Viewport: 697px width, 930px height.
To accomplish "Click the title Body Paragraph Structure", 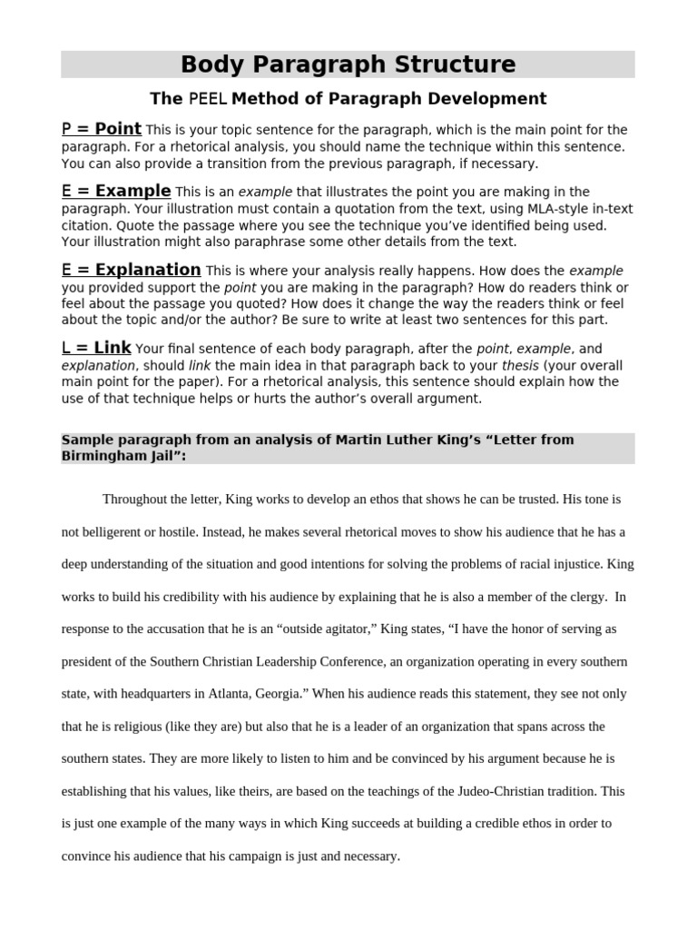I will point(348,64).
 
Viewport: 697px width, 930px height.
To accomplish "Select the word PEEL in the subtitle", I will point(208,99).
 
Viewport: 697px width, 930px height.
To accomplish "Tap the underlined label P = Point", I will point(101,129).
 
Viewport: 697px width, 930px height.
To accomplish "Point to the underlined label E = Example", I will point(115,191).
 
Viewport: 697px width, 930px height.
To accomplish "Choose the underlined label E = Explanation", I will point(131,270).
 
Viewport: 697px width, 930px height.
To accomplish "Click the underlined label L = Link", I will point(96,348).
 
